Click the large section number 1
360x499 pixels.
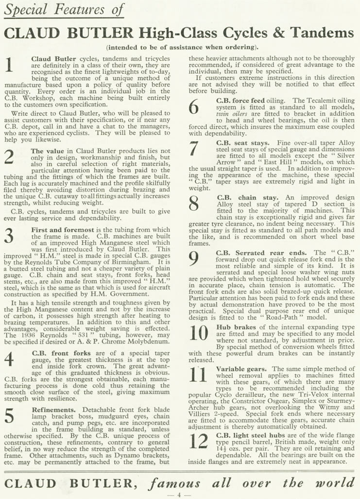coord(9,64)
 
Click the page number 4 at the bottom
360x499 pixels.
coord(179,495)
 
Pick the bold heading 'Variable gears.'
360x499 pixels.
coord(241,369)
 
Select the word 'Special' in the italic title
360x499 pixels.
coord(26,9)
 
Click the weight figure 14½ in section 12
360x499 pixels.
coord(222,450)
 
